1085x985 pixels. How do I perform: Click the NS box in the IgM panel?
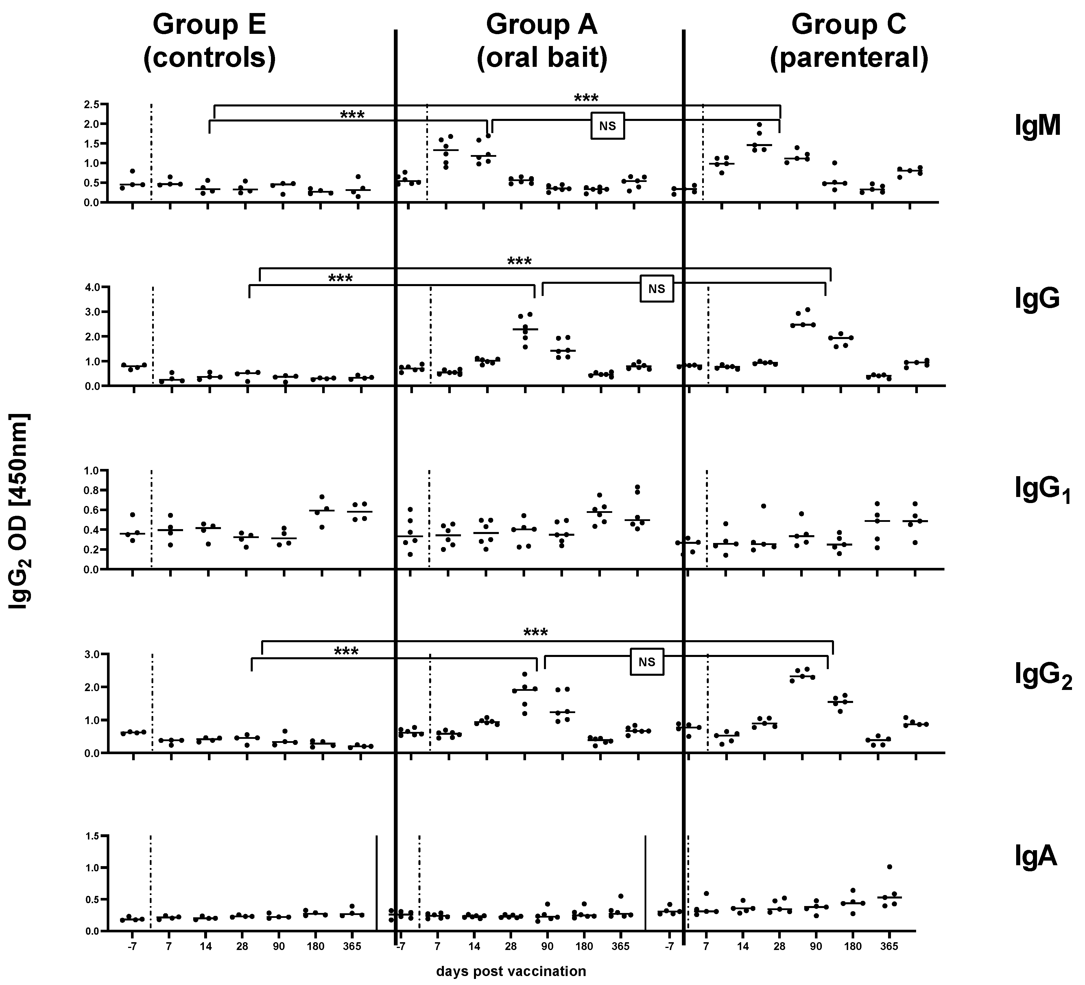pyautogui.click(x=608, y=126)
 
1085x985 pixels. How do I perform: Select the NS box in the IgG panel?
pyautogui.click(x=657, y=289)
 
